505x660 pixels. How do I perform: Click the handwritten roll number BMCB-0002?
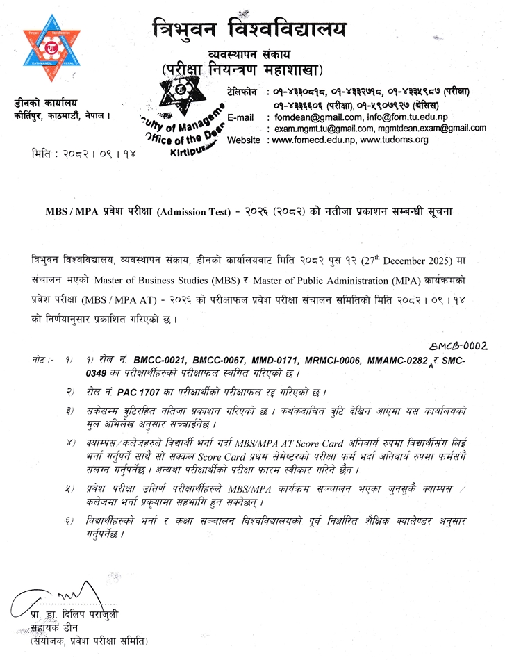pos(456,345)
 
